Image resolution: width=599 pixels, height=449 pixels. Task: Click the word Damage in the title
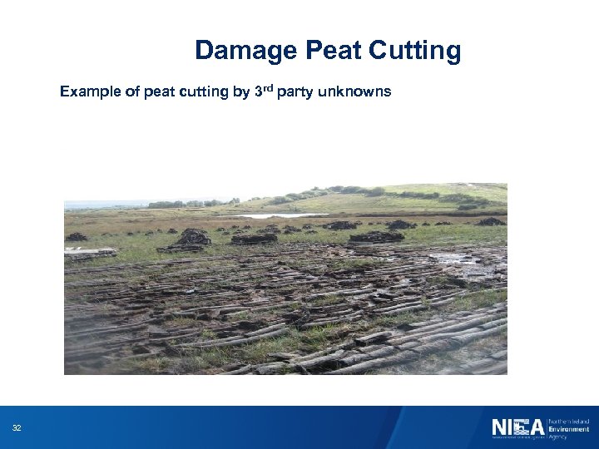(247, 52)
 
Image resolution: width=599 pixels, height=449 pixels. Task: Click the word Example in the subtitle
(90, 92)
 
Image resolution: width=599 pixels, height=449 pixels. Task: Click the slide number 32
(17, 428)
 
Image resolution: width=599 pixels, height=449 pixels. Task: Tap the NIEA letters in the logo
(517, 428)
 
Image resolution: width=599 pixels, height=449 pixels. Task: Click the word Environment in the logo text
(568, 428)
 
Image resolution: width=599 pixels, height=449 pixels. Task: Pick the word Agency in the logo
(558, 436)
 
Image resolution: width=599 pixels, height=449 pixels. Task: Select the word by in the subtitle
(241, 92)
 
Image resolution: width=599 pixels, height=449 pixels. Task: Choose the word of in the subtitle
(132, 91)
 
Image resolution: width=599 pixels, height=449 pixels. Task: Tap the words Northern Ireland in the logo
(568, 421)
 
